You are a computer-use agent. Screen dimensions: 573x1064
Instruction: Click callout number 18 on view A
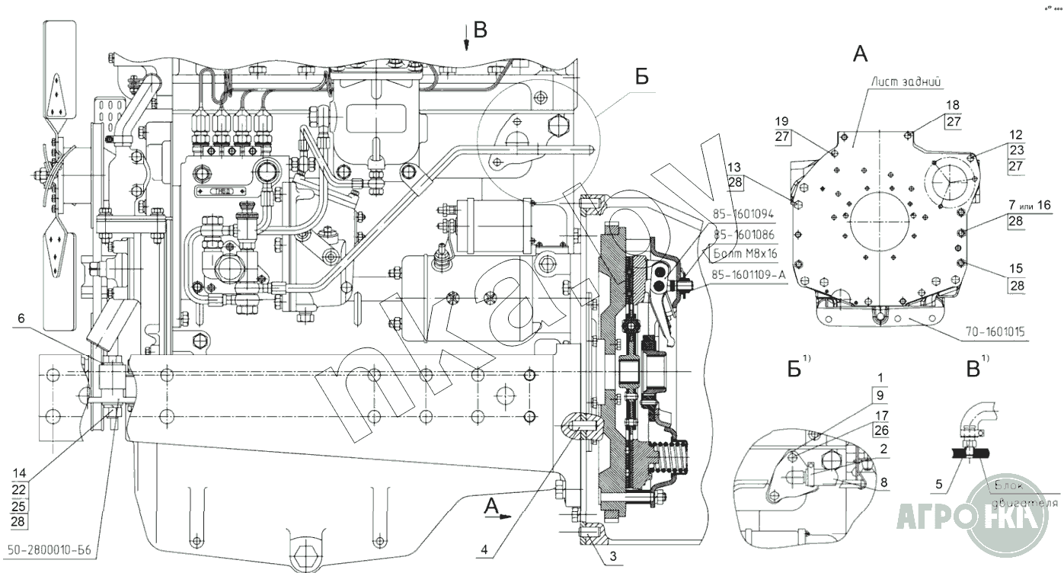point(953,104)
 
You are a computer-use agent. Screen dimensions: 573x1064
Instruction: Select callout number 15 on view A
point(1017,269)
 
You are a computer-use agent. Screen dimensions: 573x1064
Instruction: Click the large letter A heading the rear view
point(859,53)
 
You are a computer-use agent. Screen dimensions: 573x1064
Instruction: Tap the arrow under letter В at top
point(466,41)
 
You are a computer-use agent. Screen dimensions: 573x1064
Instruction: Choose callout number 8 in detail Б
point(883,482)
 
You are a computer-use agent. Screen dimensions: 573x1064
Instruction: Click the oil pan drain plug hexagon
point(307,554)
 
